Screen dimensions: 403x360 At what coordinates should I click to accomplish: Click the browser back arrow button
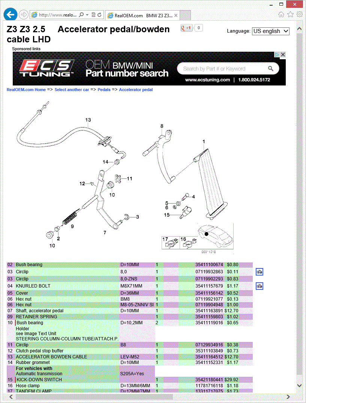(x=10, y=15)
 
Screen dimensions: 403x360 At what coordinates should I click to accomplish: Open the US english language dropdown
(x=270, y=31)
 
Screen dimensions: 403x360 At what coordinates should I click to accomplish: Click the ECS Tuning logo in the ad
(x=47, y=68)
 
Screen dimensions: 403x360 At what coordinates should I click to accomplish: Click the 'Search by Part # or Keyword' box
(x=223, y=69)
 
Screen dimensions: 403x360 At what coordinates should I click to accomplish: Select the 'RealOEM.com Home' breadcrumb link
(x=26, y=90)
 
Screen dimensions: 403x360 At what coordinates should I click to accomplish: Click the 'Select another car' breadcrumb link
(x=72, y=90)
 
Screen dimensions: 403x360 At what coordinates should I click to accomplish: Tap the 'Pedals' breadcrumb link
(x=104, y=90)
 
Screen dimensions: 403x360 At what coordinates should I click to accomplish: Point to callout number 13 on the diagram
(x=88, y=120)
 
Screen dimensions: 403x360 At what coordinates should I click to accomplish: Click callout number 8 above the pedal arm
(x=162, y=126)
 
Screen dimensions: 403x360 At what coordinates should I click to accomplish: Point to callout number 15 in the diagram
(x=167, y=215)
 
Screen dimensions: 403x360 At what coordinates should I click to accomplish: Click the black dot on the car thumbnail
(x=206, y=234)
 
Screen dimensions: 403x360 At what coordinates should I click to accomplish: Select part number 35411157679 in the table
(x=209, y=286)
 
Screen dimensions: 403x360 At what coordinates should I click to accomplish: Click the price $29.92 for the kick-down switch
(x=231, y=380)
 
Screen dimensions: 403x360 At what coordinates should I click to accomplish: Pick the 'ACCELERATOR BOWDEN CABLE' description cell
(x=51, y=357)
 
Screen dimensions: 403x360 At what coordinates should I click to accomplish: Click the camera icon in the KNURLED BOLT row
(x=259, y=286)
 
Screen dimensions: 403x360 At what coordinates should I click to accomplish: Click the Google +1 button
(x=186, y=28)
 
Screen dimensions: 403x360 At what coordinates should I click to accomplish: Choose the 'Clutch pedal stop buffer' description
(x=40, y=351)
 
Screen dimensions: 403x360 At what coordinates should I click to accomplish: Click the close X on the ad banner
(x=283, y=55)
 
